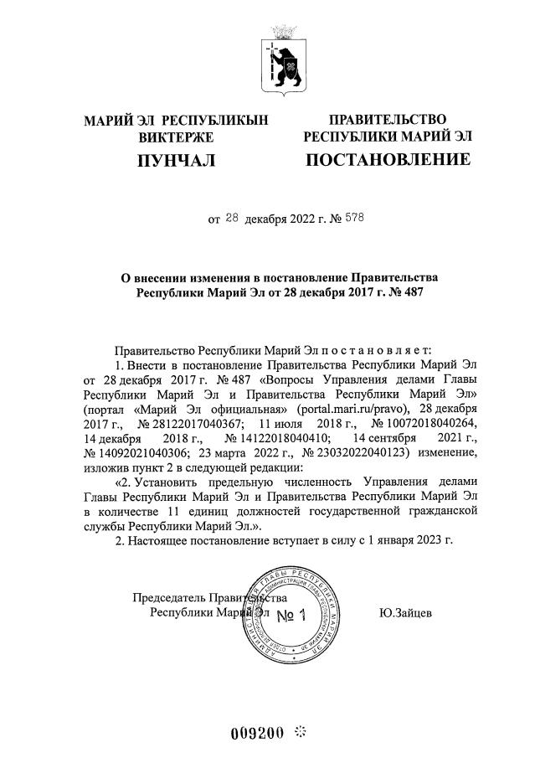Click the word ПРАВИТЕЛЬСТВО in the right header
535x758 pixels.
pyautogui.click(x=387, y=119)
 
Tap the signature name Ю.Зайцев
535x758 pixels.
pyautogui.click(x=406, y=613)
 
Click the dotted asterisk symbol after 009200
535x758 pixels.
pyautogui.click(x=301, y=734)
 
